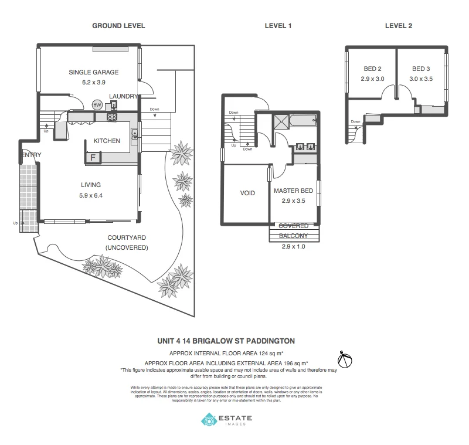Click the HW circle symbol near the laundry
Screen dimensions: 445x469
coord(97,105)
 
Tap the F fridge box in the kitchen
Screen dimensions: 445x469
coord(92,157)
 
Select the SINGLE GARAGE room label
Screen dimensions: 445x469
coord(94,72)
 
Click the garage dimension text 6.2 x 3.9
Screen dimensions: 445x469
coord(94,83)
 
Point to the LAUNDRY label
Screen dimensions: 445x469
coord(123,96)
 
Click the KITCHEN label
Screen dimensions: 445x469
coord(107,141)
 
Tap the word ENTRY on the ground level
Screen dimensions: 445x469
coord(30,155)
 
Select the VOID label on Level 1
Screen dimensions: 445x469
coord(247,193)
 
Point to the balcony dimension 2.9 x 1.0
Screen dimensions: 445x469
coord(294,246)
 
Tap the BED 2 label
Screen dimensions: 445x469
coord(372,69)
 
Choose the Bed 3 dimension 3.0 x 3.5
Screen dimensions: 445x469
coord(422,79)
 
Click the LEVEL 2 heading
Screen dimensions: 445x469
coord(399,26)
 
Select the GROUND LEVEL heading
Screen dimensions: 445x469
coord(118,26)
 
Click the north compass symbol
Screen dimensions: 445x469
coord(345,358)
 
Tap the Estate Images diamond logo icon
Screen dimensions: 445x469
coord(209,420)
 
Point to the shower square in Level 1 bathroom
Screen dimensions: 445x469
coord(281,121)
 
